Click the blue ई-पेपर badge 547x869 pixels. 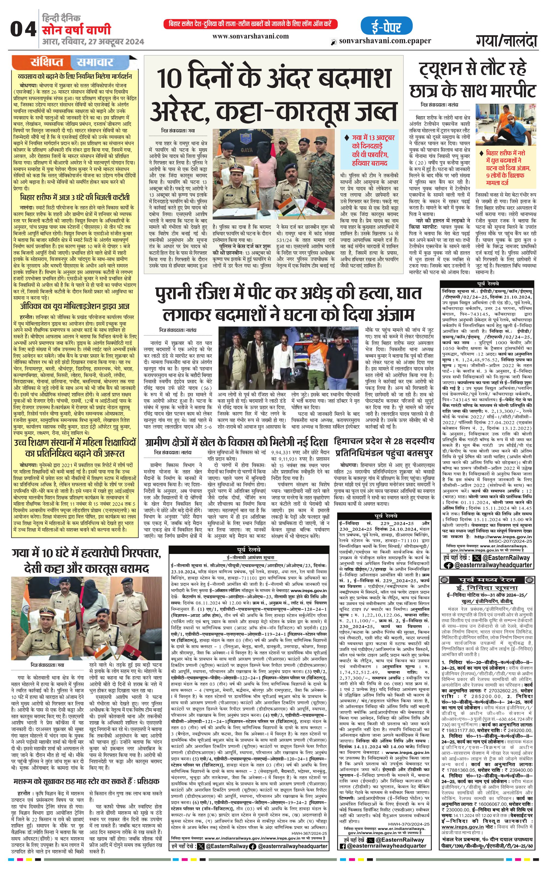point(386,26)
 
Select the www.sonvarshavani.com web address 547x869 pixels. point(250,36)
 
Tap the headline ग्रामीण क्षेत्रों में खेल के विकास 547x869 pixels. point(236,442)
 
